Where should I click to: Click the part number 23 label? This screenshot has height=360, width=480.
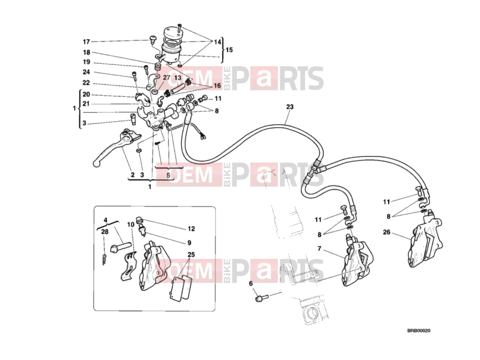pos(290,107)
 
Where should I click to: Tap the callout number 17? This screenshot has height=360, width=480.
pos(87,42)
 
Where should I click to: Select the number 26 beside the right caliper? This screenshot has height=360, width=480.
pos(387,232)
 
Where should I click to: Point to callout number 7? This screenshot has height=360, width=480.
pos(319,249)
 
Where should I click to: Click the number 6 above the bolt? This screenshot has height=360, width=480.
pos(251,284)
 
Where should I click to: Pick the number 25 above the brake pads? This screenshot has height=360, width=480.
pos(191,255)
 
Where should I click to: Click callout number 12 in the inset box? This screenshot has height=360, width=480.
pos(191,229)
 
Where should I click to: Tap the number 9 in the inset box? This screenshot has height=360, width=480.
pos(189,243)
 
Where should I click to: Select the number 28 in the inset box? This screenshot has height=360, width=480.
pos(105,232)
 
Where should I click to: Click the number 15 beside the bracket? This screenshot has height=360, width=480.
pos(229,49)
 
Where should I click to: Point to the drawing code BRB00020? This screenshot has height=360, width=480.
pos(419,331)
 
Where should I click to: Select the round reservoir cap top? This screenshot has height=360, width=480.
pos(171,32)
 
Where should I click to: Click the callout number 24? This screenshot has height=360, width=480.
pos(87,72)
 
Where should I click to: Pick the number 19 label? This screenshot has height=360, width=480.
pos(87,62)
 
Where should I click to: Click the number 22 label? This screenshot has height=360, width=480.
pos(87,83)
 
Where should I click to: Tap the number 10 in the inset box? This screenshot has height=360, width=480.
pos(131,225)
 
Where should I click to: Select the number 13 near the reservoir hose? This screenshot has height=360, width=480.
pos(178,78)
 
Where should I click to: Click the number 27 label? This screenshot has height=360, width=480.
pos(166,78)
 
